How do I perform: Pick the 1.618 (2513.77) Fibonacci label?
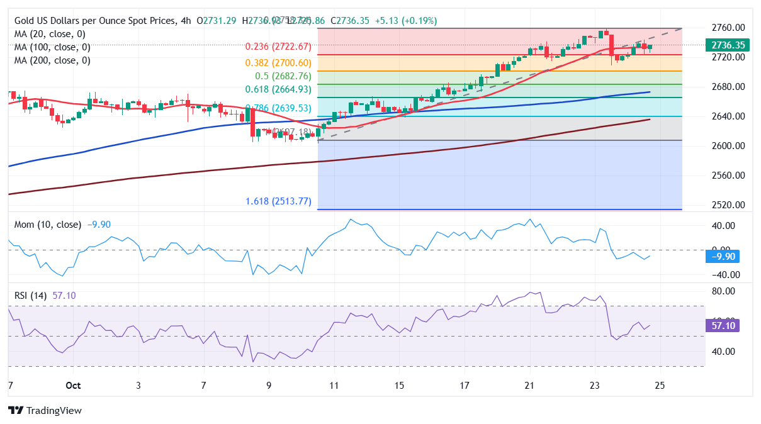click(278, 202)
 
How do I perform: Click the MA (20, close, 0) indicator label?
click(50, 34)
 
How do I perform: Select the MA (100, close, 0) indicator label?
click(52, 47)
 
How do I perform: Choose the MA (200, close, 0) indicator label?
click(52, 60)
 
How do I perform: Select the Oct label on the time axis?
click(73, 386)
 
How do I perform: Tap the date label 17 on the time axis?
click(465, 386)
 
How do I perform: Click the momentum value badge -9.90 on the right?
click(721, 256)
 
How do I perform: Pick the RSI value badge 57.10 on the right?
click(721, 325)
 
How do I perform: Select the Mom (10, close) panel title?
click(48, 225)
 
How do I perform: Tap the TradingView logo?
click(45, 411)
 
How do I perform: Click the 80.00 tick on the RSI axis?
click(723, 291)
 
